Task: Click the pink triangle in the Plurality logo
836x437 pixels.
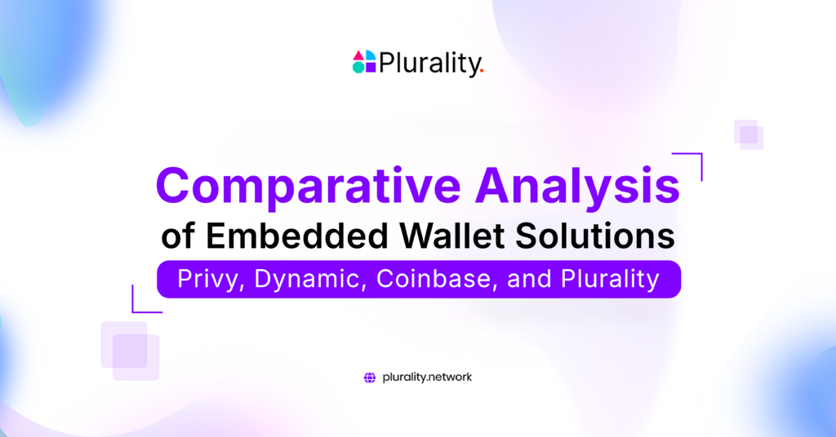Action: click(358, 56)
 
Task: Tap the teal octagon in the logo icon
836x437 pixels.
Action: click(358, 68)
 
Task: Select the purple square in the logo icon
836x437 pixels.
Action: click(370, 68)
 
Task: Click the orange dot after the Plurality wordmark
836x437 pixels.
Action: click(482, 71)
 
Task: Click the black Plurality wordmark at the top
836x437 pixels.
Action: click(429, 63)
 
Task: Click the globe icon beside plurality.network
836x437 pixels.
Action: click(369, 377)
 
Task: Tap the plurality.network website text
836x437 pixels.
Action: click(427, 377)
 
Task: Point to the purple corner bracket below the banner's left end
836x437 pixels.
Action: click(143, 302)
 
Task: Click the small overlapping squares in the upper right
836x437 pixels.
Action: click(749, 135)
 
